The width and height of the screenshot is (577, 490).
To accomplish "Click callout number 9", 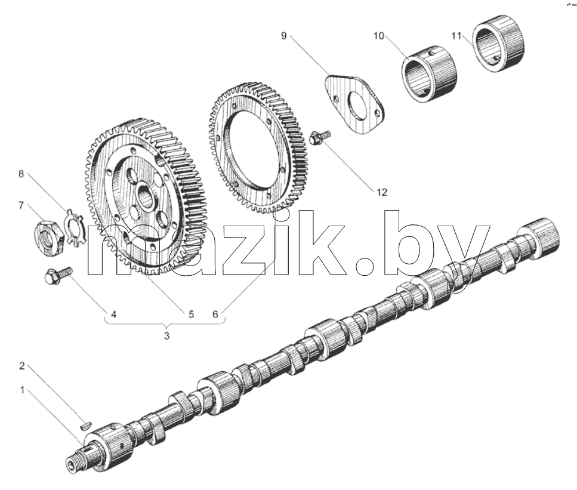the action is (283, 36).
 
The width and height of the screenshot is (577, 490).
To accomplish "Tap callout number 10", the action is (379, 36).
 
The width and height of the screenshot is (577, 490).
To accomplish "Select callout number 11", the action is (456, 36).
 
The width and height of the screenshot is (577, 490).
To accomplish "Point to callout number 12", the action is (382, 192).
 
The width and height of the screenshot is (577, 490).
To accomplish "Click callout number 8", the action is (21, 174).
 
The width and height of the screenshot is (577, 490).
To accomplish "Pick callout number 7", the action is (21, 205).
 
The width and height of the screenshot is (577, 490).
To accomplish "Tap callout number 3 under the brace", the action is (166, 336).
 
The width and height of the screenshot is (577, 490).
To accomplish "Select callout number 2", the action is (22, 366).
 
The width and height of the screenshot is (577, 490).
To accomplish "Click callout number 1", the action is (22, 390).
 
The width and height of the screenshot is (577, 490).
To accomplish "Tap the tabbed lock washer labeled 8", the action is (75, 228).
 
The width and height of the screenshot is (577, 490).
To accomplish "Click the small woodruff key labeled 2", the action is (85, 426).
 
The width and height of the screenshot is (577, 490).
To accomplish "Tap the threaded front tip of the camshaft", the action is (73, 463).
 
